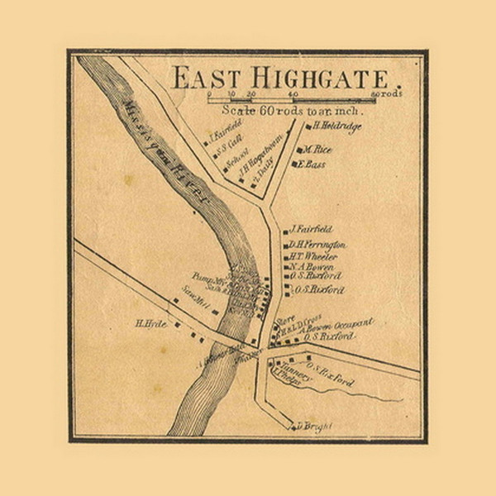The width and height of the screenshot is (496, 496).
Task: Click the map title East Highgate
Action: tap(279, 79)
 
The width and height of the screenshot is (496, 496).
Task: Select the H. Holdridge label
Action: tap(334, 126)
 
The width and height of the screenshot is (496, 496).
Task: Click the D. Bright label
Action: tap(313, 426)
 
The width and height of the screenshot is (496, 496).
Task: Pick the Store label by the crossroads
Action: tap(286, 317)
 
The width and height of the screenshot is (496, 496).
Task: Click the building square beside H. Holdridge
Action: tap(307, 127)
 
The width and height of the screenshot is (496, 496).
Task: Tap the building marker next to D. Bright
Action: tap(292, 426)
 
